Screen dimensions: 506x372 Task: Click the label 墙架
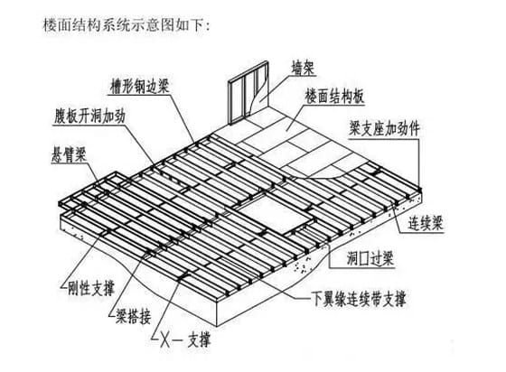coord(303,68)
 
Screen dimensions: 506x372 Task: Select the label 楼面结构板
coord(335,97)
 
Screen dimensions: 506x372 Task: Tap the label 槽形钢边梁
coord(139,86)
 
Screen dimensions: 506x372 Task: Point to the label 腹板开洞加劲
coord(89,116)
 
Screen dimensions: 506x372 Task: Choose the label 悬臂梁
coord(69,155)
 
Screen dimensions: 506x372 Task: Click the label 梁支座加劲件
coord(384,129)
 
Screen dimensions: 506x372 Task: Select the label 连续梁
coord(426,223)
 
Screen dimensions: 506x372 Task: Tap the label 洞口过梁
coord(370,258)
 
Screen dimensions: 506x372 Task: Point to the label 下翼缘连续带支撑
coord(359,299)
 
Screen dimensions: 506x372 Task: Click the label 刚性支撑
coord(91,288)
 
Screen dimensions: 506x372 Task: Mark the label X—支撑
coord(185,339)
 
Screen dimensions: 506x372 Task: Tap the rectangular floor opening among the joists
coord(275,215)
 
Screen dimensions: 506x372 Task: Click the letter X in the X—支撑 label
coord(165,340)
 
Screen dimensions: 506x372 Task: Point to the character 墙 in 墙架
coord(297,68)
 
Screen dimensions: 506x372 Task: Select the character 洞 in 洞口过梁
coord(352,258)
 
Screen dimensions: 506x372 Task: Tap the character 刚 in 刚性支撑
coord(73,288)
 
